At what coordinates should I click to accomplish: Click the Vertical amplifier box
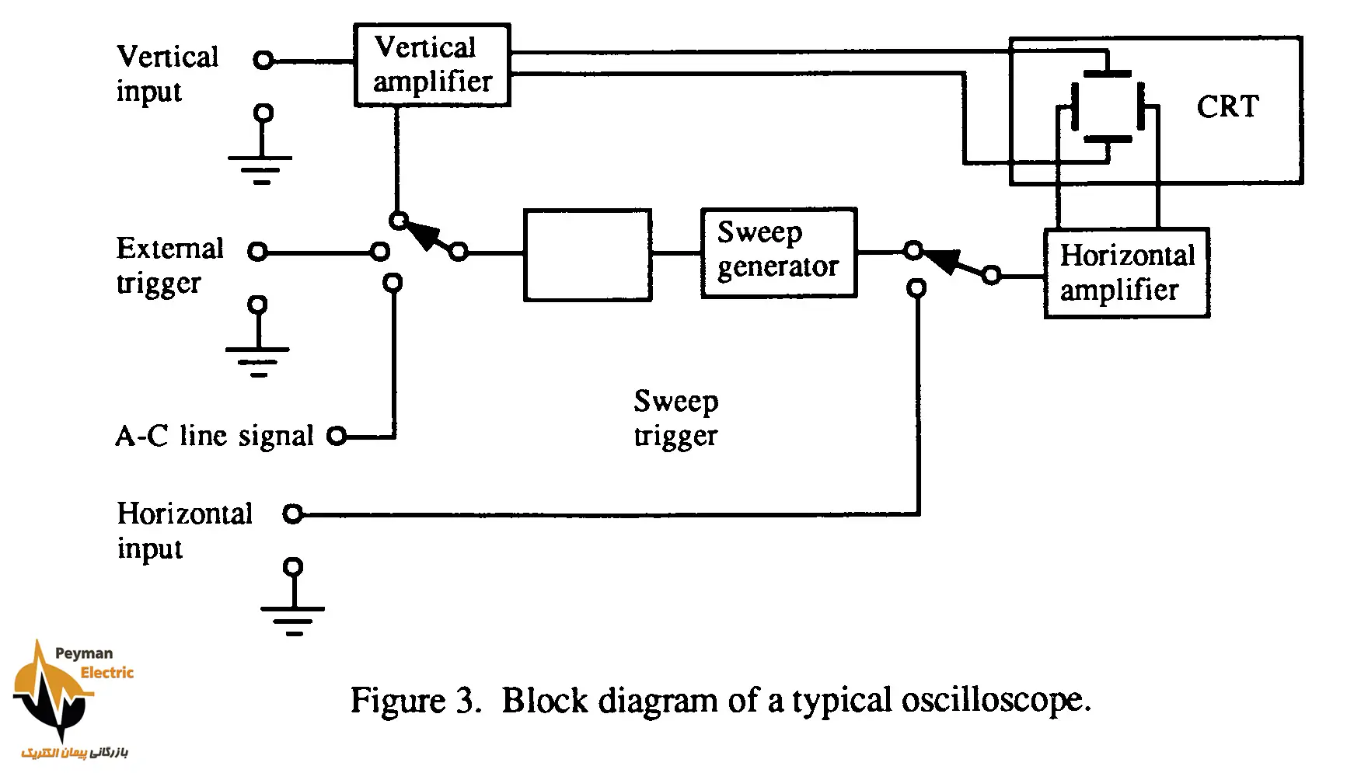tap(432, 65)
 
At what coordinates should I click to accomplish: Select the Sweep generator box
tap(778, 252)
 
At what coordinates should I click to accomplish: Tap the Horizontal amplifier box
tap(1126, 273)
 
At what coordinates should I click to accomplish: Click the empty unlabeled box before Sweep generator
tap(588, 255)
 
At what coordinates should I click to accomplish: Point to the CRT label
tap(1227, 106)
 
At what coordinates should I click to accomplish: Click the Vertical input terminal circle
tap(264, 60)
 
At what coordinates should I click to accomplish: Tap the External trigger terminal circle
tap(257, 252)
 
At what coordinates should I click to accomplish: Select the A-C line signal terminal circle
tap(337, 436)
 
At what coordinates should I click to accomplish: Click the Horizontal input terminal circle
tap(292, 514)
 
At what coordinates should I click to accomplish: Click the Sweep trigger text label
tap(675, 418)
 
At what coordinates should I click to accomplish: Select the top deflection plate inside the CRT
tap(1107, 73)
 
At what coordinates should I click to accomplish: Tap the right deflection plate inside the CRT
tap(1143, 106)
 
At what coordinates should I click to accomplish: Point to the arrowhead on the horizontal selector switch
tap(942, 261)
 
